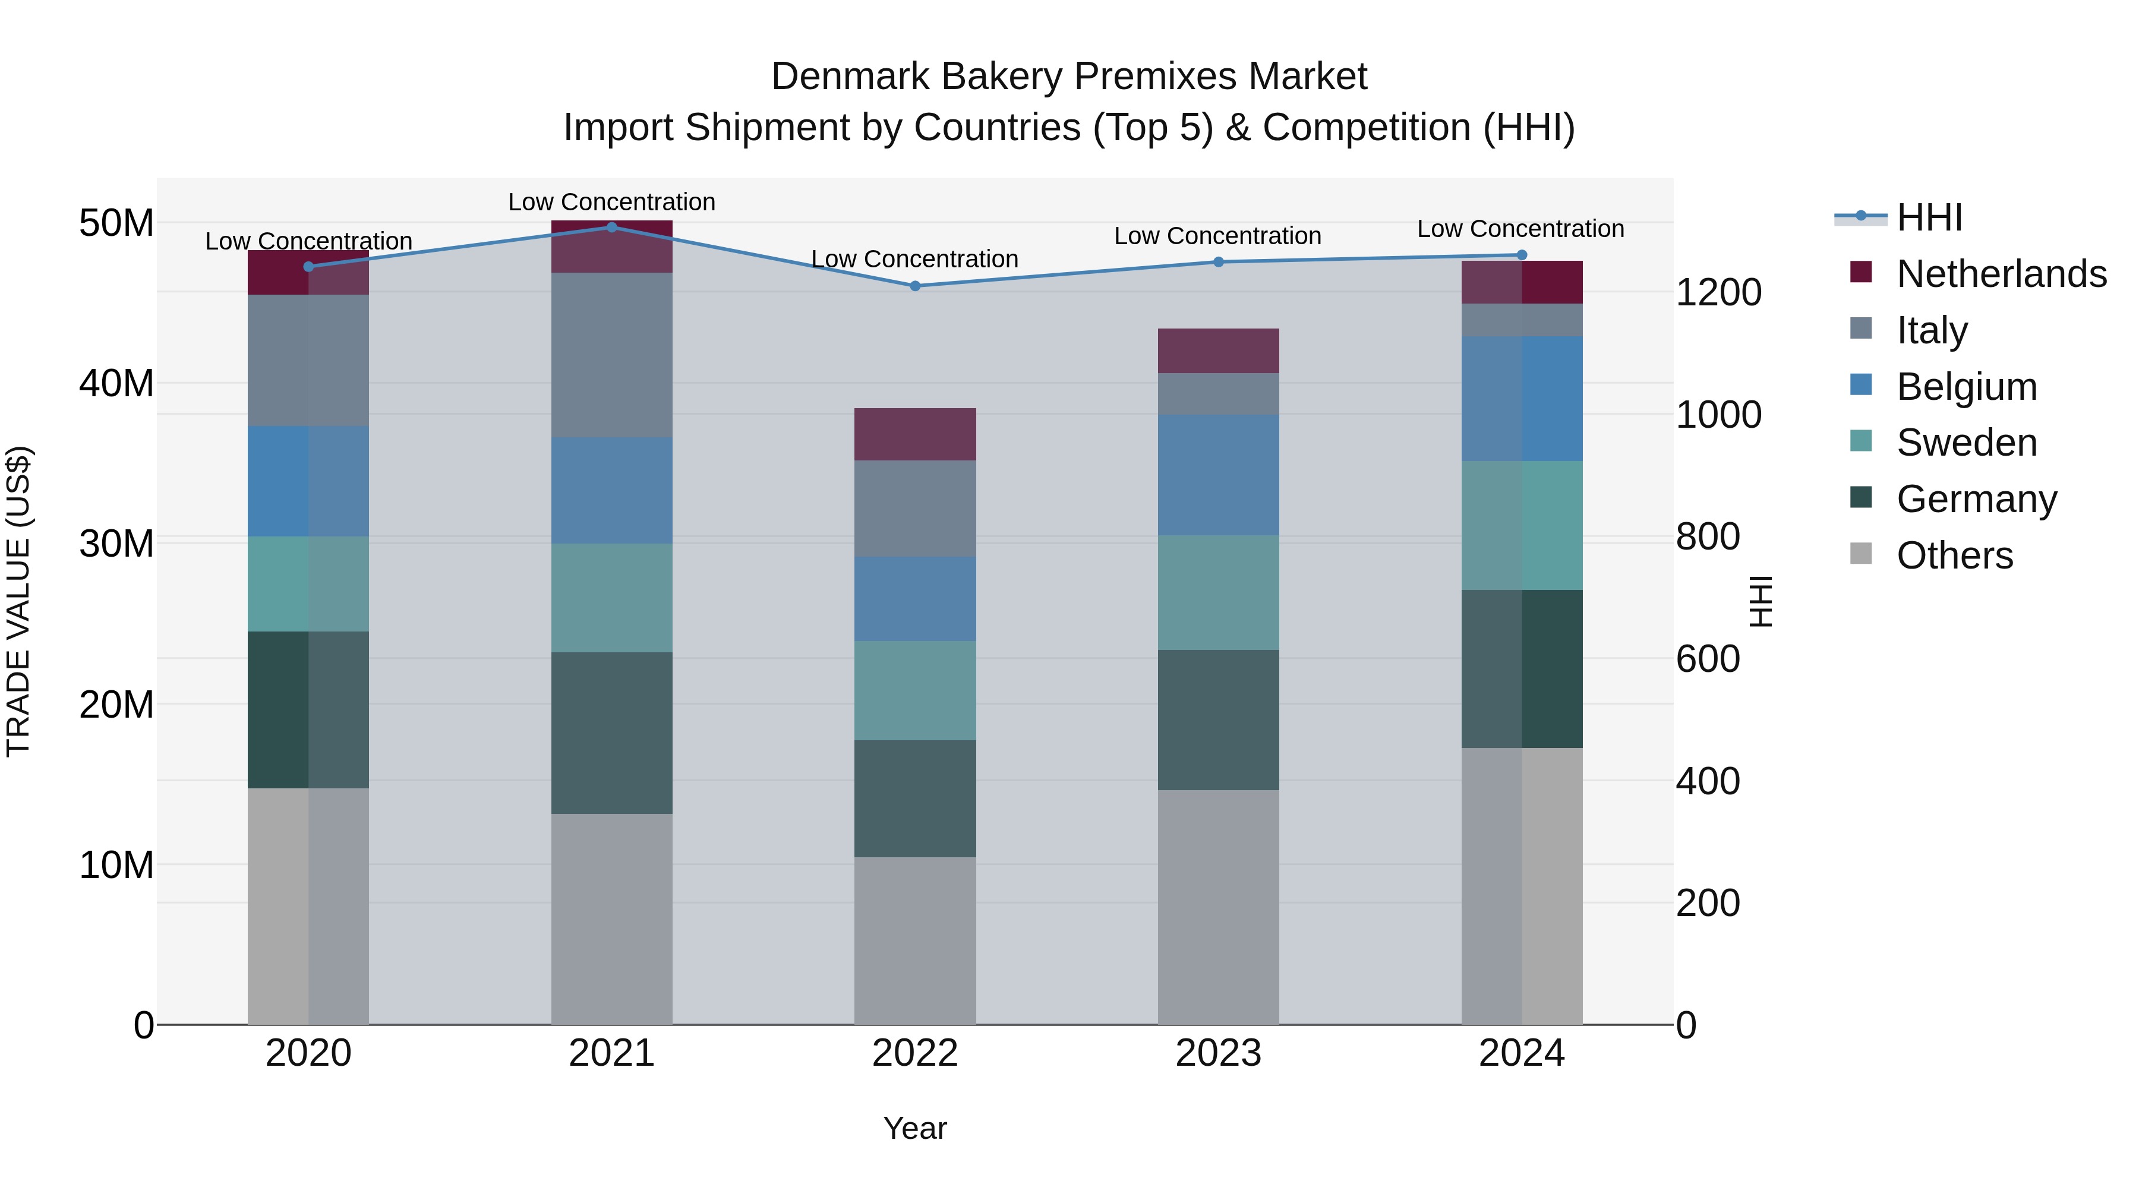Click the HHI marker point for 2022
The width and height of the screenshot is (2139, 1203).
(x=915, y=286)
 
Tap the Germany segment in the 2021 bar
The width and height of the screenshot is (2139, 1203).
(x=611, y=732)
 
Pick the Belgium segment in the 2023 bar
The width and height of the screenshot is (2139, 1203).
(x=1218, y=475)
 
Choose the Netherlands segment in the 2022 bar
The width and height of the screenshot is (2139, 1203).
(x=915, y=434)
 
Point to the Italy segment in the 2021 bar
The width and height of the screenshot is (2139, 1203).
(x=611, y=355)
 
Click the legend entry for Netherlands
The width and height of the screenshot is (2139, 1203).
(x=2001, y=273)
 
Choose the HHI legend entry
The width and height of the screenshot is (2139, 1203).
(x=1929, y=217)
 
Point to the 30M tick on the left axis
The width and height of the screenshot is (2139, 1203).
(x=116, y=544)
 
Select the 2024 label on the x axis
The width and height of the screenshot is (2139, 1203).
(x=1521, y=1053)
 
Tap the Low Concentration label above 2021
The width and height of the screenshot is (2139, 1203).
(x=611, y=202)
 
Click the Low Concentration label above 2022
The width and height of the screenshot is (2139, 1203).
(x=914, y=259)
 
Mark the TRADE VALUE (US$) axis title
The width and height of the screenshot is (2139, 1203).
(x=18, y=601)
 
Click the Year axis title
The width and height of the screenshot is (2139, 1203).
(x=914, y=1128)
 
